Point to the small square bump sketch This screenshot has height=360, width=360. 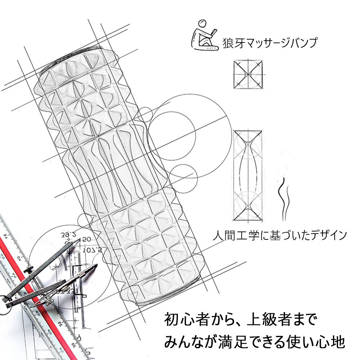click(249, 75)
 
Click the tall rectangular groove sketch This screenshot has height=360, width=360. click(247, 175)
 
